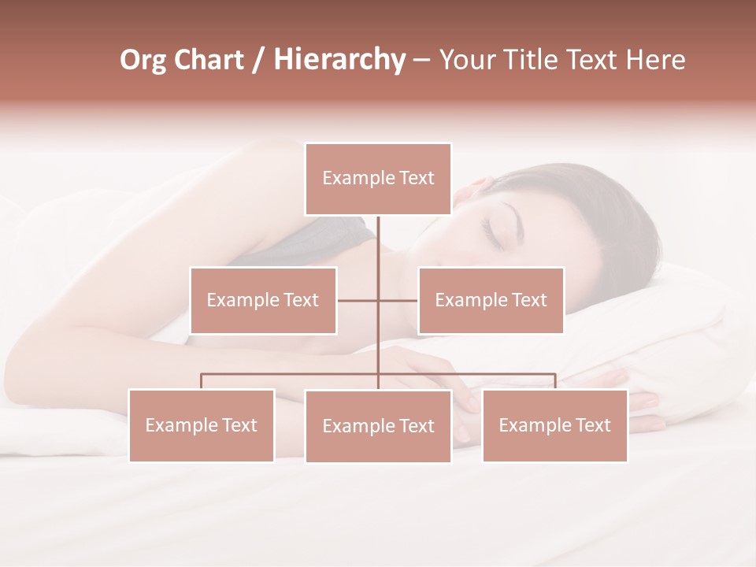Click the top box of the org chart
coord(378,179)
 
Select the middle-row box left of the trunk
coord(263,300)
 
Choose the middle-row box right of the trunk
coord(491,300)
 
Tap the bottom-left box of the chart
coord(202,425)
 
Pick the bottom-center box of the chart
coord(378,426)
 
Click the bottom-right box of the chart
coord(554,425)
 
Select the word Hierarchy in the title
coord(339,60)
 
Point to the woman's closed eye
coord(495,230)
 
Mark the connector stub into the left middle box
coord(358,300)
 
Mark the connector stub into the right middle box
coord(398,300)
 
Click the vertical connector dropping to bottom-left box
coord(202,382)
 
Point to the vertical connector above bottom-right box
coord(555,382)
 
